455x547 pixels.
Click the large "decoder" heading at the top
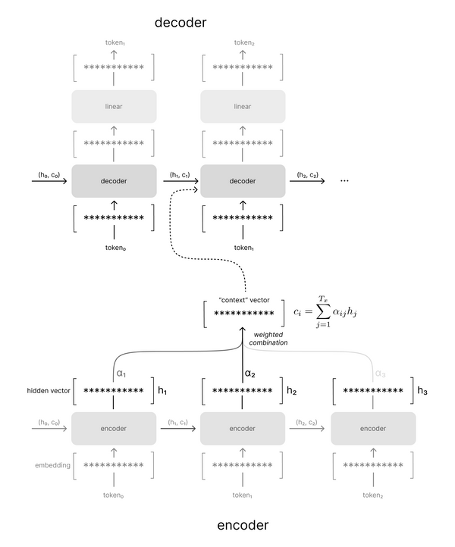(180, 22)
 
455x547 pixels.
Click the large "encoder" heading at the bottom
(243, 524)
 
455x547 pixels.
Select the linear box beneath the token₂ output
(243, 106)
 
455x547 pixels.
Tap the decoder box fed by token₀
(114, 182)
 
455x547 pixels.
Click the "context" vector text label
(243, 300)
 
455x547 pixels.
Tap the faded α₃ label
(381, 373)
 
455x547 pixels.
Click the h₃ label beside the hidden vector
(422, 391)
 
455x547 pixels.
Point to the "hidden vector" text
(45, 391)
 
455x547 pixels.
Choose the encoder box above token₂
(372, 428)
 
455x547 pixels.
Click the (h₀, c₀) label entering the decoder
(49, 175)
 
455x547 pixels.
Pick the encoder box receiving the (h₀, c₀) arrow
(114, 428)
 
